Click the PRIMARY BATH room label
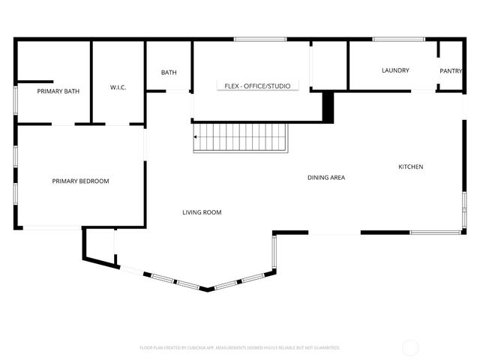[58, 91]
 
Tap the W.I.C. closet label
[118, 88]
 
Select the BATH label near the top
[169, 73]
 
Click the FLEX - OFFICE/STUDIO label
[257, 86]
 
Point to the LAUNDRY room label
[395, 70]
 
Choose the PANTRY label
[451, 71]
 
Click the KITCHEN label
[410, 166]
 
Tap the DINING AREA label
[326, 178]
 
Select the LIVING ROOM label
[202, 212]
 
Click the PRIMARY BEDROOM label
[80, 181]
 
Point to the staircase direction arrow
[196, 137]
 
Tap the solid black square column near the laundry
[328, 106]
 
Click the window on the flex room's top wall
[249, 39]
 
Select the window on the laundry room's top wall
[393, 39]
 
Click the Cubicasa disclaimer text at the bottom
[240, 348]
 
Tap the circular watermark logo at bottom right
[410, 347]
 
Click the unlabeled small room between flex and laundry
[329, 65]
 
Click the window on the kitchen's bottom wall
[434, 232]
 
